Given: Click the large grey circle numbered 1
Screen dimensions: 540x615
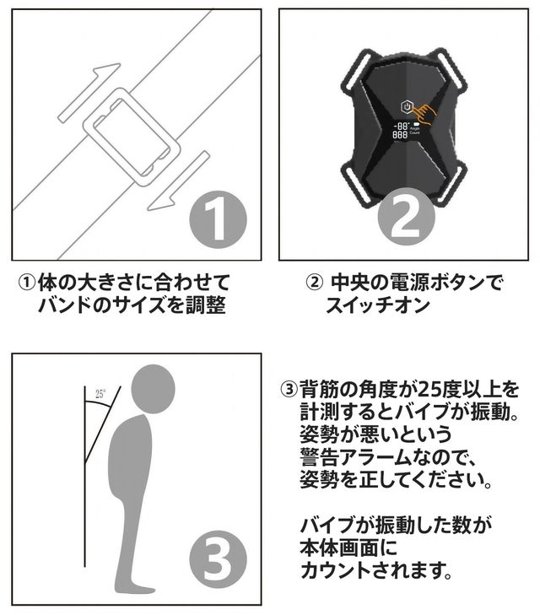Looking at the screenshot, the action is click(x=218, y=219).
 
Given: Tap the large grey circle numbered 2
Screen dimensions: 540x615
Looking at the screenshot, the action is click(x=407, y=217).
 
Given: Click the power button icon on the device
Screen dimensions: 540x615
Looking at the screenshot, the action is click(x=407, y=106).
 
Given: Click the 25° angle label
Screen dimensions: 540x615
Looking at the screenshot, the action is click(x=100, y=394).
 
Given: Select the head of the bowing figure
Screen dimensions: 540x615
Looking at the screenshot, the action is click(x=153, y=389).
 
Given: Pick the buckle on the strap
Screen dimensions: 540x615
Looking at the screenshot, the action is click(x=132, y=137).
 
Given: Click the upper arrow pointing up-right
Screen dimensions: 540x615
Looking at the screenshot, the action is click(x=89, y=93).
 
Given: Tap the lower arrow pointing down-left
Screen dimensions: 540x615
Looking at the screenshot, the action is click(x=178, y=181).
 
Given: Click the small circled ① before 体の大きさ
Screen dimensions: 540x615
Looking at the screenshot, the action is click(x=27, y=283).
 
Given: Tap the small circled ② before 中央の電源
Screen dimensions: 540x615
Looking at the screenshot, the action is click(x=314, y=283).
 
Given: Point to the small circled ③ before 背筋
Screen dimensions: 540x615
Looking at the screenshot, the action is click(x=289, y=390).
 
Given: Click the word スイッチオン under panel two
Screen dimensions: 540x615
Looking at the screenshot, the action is click(x=377, y=305).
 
